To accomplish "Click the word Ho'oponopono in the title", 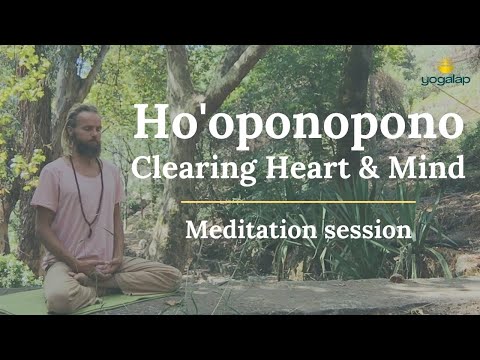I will [298, 125].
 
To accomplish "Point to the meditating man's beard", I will [87, 146].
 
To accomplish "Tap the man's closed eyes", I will [87, 126].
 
